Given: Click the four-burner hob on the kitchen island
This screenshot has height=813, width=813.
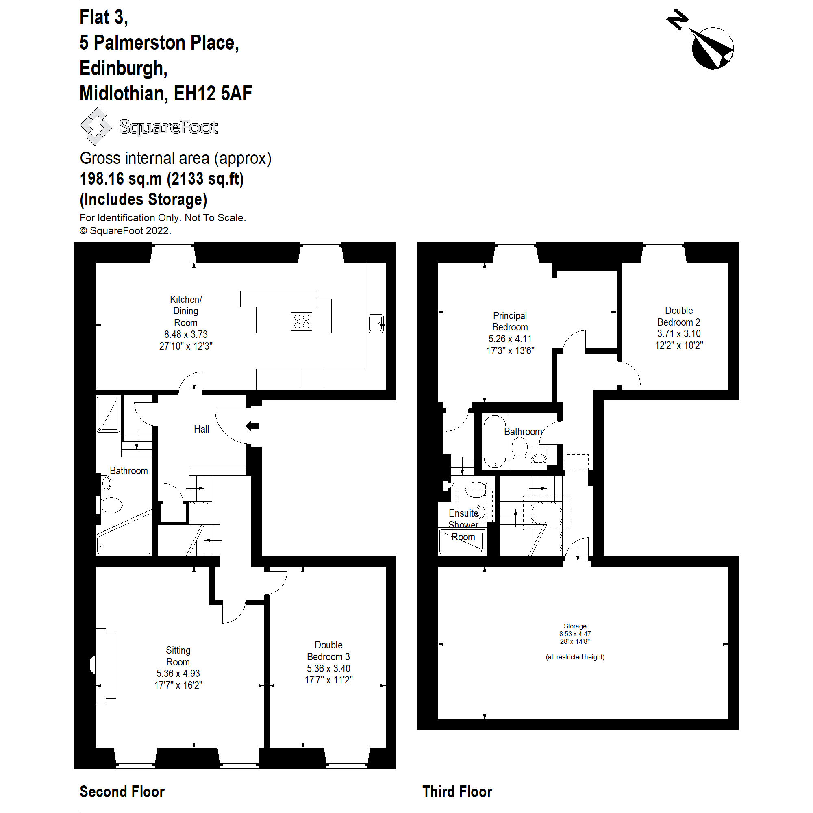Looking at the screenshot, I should tap(301, 322).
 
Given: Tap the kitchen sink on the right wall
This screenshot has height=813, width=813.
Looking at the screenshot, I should tap(375, 323).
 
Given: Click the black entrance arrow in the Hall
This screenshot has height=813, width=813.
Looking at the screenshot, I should tap(252, 426).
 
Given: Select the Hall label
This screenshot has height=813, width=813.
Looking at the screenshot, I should tap(201, 429).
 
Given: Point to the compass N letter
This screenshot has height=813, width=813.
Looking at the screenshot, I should tap(677, 20).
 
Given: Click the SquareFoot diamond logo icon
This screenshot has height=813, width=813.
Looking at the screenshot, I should tap(96, 126).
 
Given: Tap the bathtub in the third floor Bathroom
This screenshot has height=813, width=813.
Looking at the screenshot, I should tap(494, 441).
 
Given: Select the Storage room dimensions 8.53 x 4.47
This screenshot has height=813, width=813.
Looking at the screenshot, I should tap(575, 634).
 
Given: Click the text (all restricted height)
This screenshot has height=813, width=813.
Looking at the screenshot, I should tap(575, 657).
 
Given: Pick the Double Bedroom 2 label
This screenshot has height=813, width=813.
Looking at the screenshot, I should tap(678, 316).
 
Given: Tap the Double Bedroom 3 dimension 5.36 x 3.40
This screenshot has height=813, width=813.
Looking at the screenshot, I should tap(328, 668).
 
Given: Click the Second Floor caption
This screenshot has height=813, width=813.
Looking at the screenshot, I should tap(122, 791).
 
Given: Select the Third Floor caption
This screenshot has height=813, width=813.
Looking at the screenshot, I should tap(457, 791).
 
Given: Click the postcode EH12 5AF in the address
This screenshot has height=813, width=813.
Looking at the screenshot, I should tap(213, 93).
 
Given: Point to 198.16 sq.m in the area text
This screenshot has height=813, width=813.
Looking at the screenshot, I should tap(121, 179).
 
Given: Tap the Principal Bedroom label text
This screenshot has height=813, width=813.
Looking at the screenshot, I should tap(510, 322).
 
